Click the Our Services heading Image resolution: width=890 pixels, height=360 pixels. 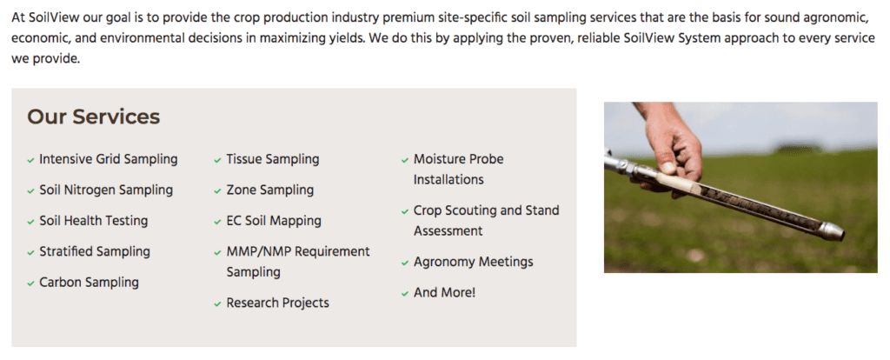(94, 117)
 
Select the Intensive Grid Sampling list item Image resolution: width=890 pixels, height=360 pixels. (109, 159)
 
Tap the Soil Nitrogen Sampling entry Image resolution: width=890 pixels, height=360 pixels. (106, 190)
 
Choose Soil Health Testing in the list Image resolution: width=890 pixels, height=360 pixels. (94, 220)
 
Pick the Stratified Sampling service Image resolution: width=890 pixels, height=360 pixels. (95, 251)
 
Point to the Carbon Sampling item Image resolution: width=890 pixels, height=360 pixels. (90, 283)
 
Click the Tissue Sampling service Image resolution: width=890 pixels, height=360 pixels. (273, 159)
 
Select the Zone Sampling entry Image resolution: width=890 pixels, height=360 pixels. (270, 190)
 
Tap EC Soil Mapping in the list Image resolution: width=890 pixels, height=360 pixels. (274, 220)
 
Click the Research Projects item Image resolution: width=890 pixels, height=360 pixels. (278, 303)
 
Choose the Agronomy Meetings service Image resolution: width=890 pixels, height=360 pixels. (474, 262)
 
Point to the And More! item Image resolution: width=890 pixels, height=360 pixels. (444, 292)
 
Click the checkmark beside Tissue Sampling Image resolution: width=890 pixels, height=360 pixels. (217, 161)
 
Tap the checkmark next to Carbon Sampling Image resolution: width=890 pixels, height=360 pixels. (30, 283)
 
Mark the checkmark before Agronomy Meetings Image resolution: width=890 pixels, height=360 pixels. (405, 263)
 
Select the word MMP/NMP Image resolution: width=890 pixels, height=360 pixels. (258, 251)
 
